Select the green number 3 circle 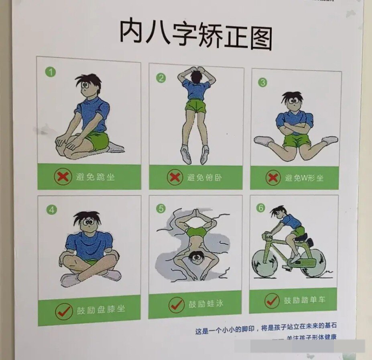tap(262, 82)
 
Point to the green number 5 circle tap(161, 209)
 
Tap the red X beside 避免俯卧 tap(174, 177)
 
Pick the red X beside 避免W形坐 tap(273, 177)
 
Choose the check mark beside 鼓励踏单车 tap(272, 301)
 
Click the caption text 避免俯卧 tap(205, 177)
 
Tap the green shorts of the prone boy tap(196, 106)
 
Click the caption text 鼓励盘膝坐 tap(101, 309)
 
